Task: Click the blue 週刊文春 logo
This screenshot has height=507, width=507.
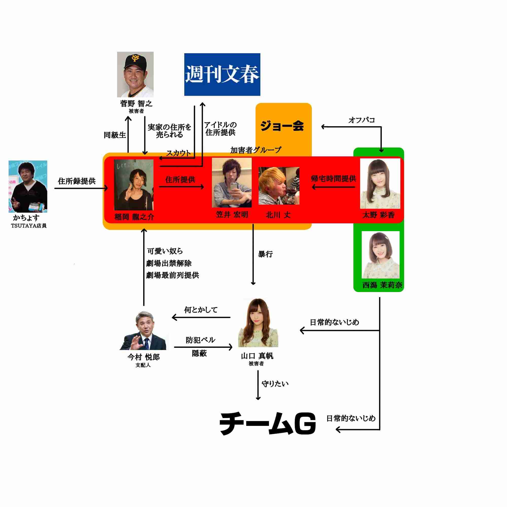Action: (222, 74)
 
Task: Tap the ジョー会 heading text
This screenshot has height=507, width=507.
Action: (282, 126)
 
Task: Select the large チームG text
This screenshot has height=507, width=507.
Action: (267, 424)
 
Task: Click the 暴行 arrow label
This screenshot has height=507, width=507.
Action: (265, 254)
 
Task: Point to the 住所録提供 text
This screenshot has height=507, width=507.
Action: (77, 181)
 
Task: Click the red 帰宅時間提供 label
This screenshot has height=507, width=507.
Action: (333, 179)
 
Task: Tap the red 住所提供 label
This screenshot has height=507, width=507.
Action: (180, 179)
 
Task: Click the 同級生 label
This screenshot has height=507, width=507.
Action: (115, 135)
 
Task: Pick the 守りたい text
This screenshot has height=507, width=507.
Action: (275, 384)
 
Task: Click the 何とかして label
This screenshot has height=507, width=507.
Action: (201, 310)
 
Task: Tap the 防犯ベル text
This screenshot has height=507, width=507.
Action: (201, 340)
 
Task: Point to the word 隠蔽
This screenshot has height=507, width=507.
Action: (199, 353)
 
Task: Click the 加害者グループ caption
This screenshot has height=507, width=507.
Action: (256, 150)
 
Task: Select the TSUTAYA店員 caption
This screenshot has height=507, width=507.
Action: (29, 226)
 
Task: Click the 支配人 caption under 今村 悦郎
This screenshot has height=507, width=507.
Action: (143, 365)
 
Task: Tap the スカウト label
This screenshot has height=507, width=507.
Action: (178, 153)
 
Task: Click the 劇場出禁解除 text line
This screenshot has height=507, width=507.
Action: (169, 263)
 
